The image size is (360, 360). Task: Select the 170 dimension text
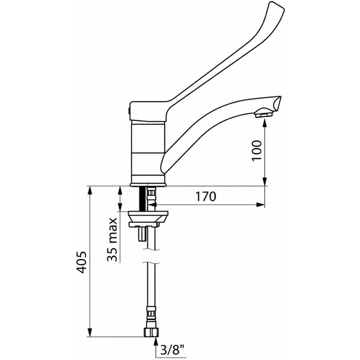click(206, 197)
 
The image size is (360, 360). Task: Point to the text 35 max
click(112, 239)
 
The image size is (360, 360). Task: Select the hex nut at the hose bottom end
click(151, 332)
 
